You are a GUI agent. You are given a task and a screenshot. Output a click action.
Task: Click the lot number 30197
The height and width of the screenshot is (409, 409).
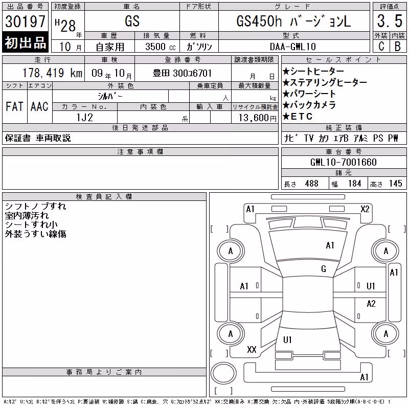25,21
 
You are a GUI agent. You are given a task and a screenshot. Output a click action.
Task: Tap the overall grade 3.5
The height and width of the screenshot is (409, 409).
390,21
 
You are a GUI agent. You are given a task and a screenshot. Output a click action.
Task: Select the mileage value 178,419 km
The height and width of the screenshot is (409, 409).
52,73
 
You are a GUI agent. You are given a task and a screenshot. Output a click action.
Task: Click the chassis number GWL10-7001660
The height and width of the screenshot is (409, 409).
344,162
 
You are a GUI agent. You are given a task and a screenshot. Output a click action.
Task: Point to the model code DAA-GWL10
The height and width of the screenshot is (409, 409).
293,47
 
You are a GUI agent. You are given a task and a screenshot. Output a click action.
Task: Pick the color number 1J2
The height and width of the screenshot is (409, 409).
84,118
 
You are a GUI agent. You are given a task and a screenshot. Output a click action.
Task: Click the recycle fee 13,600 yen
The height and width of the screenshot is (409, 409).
258,118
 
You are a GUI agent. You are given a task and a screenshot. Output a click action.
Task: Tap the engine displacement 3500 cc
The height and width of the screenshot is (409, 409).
161,47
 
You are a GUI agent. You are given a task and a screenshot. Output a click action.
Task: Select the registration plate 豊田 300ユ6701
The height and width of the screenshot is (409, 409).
182,73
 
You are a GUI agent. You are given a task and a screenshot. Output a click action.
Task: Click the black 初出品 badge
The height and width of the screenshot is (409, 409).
25,42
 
